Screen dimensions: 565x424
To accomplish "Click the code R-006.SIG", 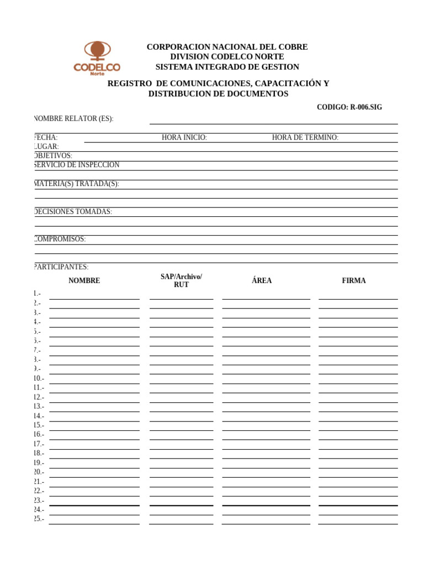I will [x=349, y=108].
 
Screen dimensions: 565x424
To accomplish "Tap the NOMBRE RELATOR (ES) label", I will [x=74, y=119].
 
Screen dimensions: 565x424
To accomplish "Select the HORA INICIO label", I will [x=184, y=137].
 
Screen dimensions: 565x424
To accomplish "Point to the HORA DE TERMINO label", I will [x=305, y=137].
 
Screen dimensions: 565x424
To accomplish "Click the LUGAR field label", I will [x=47, y=147].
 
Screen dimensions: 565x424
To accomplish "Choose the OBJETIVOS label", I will [x=53, y=156].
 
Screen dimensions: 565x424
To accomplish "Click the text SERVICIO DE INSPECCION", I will [x=77, y=165].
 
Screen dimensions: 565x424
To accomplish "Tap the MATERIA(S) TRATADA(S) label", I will [x=77, y=184].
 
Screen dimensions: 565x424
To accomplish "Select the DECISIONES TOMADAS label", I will [x=73, y=212].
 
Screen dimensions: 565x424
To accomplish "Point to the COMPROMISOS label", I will [x=60, y=239].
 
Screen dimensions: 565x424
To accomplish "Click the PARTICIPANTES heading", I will [x=61, y=267].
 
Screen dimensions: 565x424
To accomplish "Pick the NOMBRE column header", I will [x=84, y=281].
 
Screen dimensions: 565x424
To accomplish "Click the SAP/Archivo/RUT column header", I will [x=181, y=280].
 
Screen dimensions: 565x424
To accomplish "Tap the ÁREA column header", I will [x=262, y=281].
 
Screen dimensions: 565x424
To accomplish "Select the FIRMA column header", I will [x=354, y=281].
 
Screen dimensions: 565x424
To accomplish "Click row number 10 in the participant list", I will [x=39, y=379].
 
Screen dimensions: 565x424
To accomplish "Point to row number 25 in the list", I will [x=39, y=519].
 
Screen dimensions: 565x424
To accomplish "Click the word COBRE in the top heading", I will [x=294, y=47].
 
